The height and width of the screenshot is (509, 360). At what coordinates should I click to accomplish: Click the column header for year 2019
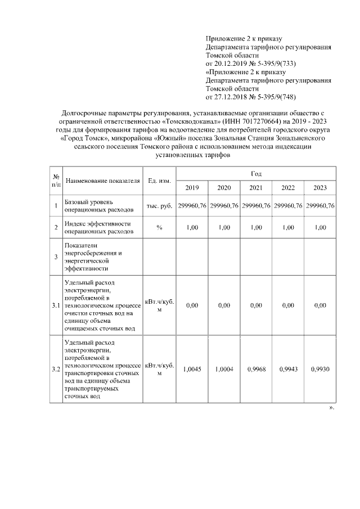click(192, 187)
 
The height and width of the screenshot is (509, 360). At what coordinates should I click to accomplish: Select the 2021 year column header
click(256, 187)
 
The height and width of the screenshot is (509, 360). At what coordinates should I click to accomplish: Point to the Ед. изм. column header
click(159, 181)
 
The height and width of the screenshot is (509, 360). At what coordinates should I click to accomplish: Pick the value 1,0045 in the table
click(192, 370)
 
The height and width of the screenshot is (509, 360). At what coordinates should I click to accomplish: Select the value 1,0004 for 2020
click(224, 370)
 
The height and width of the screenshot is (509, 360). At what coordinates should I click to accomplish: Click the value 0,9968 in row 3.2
click(256, 370)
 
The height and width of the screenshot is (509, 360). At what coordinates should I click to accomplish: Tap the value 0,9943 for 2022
click(288, 370)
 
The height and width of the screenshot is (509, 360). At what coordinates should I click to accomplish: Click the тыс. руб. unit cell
click(159, 206)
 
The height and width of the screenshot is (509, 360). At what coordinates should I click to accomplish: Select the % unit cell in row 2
click(159, 227)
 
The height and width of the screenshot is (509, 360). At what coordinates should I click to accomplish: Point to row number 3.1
click(56, 305)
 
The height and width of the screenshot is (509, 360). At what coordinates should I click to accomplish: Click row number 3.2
click(56, 370)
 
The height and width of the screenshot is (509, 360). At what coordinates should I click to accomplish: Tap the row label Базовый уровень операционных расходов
click(100, 206)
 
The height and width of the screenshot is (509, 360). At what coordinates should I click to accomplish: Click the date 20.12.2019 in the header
click(232, 64)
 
